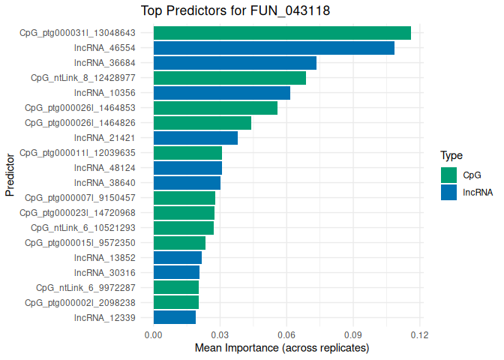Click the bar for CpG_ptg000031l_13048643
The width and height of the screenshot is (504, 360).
282,33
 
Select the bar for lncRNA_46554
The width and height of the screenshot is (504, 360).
274,48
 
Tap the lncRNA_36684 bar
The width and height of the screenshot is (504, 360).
235,63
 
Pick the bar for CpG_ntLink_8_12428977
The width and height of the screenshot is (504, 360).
229,78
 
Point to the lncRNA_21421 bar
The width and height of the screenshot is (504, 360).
196,138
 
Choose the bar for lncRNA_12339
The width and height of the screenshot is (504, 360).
175,317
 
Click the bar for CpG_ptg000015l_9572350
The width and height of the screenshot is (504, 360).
179,243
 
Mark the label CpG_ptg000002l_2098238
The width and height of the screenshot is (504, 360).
80,302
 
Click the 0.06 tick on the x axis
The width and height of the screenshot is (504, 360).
286,334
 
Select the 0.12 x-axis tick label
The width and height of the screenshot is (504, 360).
419,334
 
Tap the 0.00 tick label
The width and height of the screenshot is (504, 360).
153,334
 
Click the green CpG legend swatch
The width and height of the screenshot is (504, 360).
448,175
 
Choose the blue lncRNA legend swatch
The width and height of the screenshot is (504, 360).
448,192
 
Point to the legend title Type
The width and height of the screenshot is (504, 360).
451,156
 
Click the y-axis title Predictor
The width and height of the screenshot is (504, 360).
10,175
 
